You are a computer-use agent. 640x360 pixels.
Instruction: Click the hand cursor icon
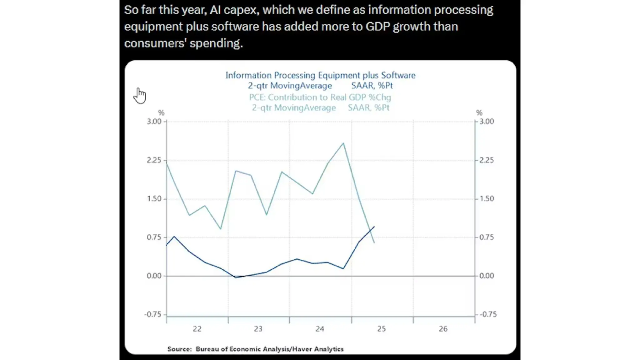140,96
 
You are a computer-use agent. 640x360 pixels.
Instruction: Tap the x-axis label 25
381,329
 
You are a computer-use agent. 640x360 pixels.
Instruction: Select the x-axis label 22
197,329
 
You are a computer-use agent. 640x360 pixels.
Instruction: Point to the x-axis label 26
443,329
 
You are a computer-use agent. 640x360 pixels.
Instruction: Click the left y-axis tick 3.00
154,121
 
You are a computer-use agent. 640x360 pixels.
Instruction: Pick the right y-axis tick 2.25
487,160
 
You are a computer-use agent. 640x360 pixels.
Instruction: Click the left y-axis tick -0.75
153,314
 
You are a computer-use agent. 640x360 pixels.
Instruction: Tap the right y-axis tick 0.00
487,276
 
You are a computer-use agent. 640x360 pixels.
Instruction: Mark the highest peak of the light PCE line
343,143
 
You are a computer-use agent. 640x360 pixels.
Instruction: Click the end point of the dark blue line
374,227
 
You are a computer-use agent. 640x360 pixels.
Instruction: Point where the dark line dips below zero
236,277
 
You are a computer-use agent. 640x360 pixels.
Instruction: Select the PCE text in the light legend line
257,97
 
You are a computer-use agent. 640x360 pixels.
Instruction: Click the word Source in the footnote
179,349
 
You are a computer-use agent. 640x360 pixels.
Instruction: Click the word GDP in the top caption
377,27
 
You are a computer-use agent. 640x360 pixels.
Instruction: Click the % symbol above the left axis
161,112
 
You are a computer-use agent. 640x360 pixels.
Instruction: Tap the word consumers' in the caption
155,43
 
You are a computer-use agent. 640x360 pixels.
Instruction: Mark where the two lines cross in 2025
370,232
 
